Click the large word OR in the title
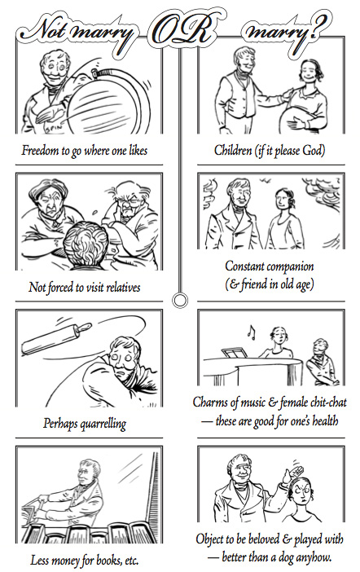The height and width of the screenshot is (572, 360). point(183,32)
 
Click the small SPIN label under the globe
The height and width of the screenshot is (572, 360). point(53,129)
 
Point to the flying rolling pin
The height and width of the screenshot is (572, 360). point(56,339)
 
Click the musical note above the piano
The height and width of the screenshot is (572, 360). point(251,332)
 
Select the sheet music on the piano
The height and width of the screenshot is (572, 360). point(235,353)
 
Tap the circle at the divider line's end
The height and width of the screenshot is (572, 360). point(179,300)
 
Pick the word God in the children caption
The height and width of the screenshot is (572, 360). point(312,150)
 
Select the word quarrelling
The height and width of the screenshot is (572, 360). point(103,424)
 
